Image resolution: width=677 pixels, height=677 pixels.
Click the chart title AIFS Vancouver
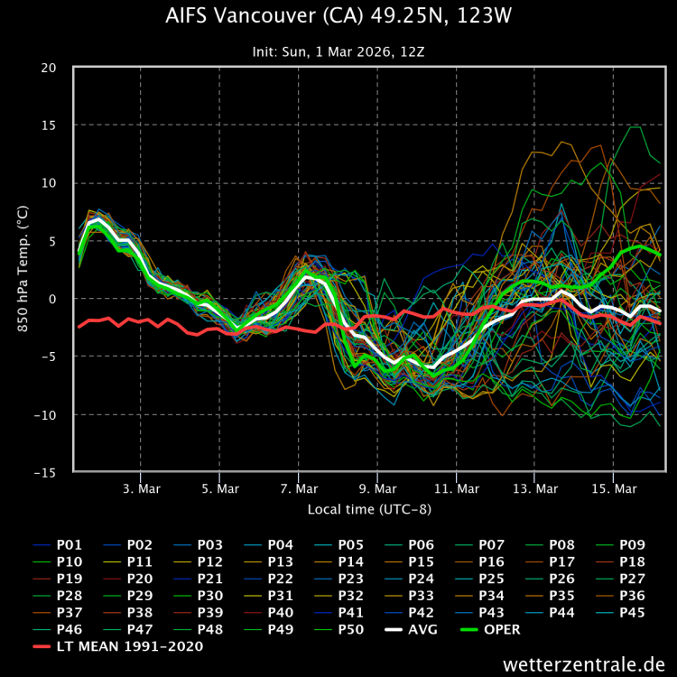tap(338, 17)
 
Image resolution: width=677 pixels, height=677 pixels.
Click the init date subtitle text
tap(338, 51)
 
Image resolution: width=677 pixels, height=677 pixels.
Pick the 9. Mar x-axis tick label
tap(377, 488)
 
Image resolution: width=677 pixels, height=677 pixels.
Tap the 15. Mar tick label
tap(613, 488)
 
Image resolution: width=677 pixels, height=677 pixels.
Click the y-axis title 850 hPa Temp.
tap(22, 269)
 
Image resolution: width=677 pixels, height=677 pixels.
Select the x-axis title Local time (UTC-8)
tap(369, 509)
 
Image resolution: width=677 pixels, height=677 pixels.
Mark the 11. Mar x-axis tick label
tap(456, 488)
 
